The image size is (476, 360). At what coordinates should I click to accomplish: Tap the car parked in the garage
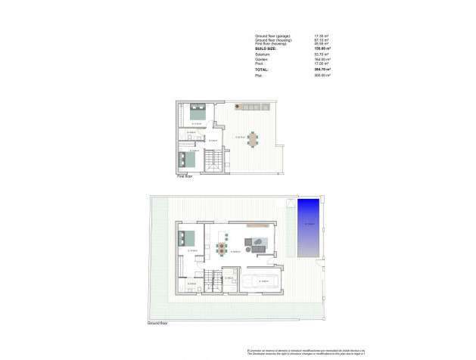click(264, 281)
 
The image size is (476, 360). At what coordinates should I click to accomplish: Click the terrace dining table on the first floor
click(253, 138)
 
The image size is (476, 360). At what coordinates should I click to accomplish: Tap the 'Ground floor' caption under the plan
click(157, 323)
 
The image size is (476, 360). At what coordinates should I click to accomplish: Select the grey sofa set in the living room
click(257, 244)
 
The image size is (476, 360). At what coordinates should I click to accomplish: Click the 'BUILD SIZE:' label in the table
click(266, 48)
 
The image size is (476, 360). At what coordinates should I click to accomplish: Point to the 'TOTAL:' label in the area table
click(262, 69)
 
